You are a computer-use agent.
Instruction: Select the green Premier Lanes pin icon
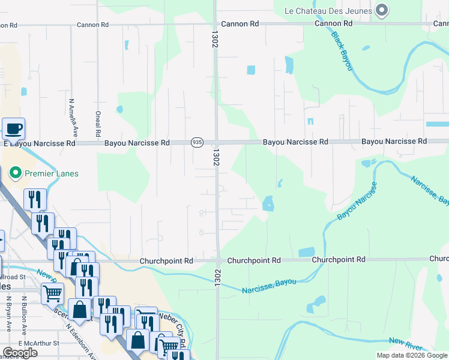(16, 173)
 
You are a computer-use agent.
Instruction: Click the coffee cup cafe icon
(13, 128)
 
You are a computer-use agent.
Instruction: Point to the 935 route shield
(197, 142)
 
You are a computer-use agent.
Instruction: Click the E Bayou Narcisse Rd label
(40, 144)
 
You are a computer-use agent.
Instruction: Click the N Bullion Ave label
(24, 314)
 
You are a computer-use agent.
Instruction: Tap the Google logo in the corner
(19, 353)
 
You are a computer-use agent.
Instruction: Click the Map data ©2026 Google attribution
(411, 355)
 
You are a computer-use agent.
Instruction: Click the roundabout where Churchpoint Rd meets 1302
(220, 261)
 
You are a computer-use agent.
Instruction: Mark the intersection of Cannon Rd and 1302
(215, 25)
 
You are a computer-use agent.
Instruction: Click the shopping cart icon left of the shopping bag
(53, 294)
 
